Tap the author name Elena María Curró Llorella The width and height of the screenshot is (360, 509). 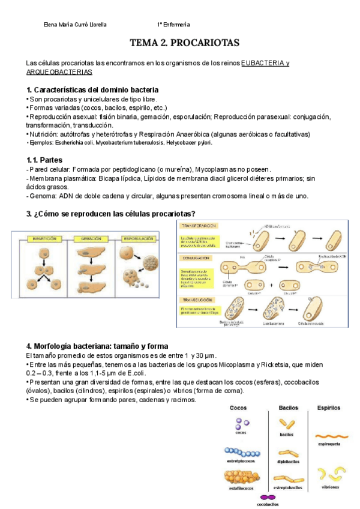(76, 25)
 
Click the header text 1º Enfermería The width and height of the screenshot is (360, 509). (173, 25)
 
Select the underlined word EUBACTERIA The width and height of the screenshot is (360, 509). (261, 63)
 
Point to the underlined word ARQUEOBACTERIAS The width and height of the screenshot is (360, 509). (59, 72)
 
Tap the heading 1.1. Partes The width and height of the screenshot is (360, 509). (46, 160)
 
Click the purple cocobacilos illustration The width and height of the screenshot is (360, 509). (268, 496)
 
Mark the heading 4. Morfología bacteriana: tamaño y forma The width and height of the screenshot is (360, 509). (98, 346)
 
